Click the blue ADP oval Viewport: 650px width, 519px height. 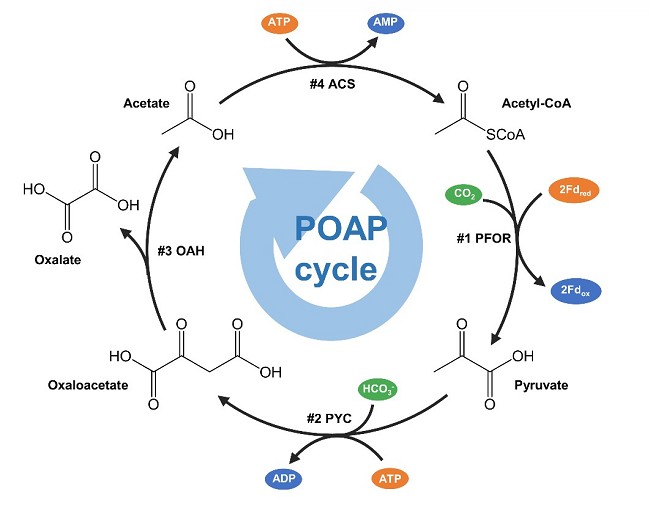(285, 477)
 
